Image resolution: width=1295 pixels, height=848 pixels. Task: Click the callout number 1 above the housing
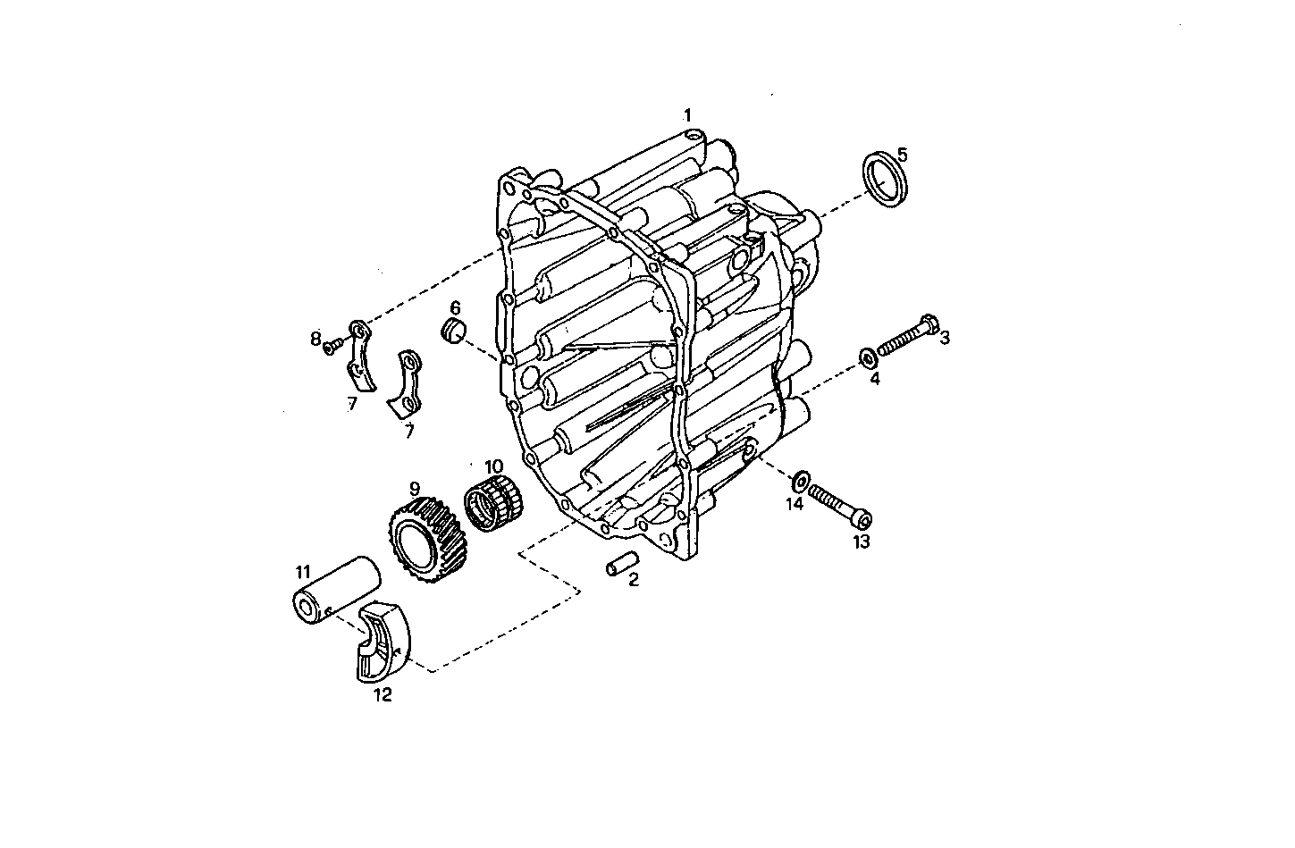point(687,114)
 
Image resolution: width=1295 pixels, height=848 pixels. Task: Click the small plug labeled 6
point(456,331)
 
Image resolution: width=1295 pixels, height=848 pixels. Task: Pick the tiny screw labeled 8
point(334,342)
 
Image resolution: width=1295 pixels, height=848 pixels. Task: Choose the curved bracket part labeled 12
point(383,642)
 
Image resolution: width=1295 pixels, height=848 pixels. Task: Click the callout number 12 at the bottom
point(382,694)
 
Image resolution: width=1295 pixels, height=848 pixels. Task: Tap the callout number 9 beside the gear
point(415,488)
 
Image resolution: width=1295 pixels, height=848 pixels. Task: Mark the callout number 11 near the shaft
point(303,569)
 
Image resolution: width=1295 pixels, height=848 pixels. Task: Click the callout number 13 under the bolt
point(861,542)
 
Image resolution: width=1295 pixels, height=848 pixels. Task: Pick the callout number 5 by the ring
point(902,154)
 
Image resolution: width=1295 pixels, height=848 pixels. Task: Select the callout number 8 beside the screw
point(315,339)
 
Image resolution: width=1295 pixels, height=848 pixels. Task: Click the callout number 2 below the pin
point(634,581)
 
